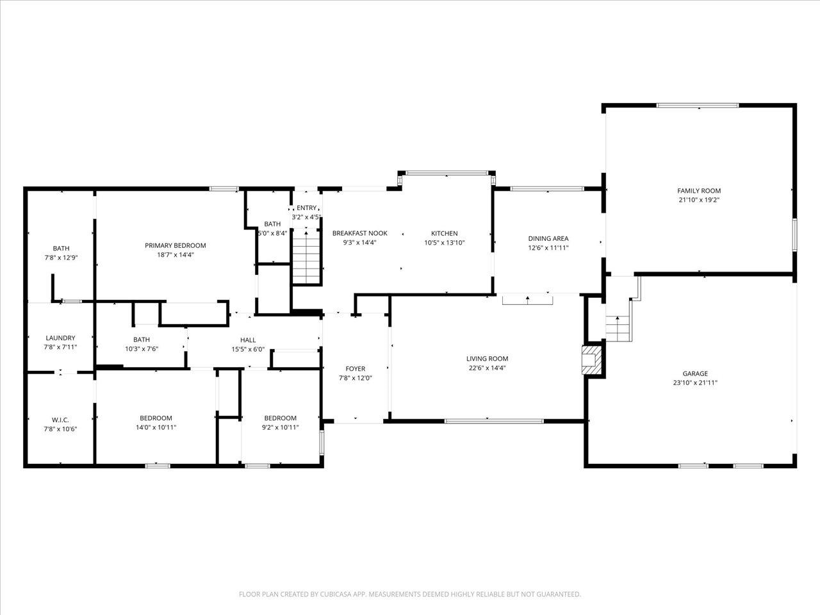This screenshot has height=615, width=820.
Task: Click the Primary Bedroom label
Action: pyautogui.click(x=175, y=245)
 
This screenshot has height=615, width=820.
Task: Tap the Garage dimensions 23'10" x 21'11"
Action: pyautogui.click(x=695, y=382)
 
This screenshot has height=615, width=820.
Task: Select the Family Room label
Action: pyautogui.click(x=699, y=190)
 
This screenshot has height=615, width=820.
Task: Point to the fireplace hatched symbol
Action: pyautogui.click(x=592, y=360)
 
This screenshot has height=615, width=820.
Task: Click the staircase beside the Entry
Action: pyautogui.click(x=306, y=258)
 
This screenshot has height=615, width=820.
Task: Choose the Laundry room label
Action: pyautogui.click(x=60, y=338)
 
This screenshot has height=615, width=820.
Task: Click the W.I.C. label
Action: pyautogui.click(x=60, y=420)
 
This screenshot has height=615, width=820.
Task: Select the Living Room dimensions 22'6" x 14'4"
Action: pyautogui.click(x=487, y=368)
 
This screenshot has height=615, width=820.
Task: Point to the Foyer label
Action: pyautogui.click(x=356, y=368)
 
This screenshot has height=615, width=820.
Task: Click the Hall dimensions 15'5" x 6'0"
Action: pyautogui.click(x=248, y=350)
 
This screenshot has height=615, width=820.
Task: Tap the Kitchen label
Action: pyautogui.click(x=444, y=233)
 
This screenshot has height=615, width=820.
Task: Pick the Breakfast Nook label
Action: pyautogui.click(x=360, y=233)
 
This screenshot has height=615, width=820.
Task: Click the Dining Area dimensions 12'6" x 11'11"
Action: pyautogui.click(x=548, y=247)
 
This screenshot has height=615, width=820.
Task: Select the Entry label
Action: pyautogui.click(x=306, y=208)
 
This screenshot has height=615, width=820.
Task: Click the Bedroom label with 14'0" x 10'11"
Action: pyautogui.click(x=156, y=418)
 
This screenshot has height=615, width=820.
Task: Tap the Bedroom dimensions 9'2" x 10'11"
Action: pyautogui.click(x=280, y=427)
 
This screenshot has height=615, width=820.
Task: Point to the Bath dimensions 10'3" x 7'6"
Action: pyautogui.click(x=142, y=348)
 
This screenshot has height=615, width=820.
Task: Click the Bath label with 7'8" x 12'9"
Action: pyautogui.click(x=61, y=249)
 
